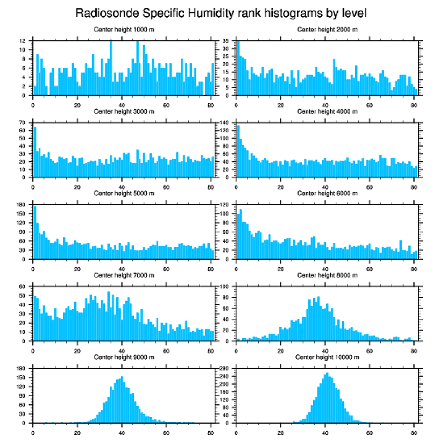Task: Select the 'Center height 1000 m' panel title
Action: (124, 30)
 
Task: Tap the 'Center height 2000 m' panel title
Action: (327, 30)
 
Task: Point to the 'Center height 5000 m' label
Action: (124, 194)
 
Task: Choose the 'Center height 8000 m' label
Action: (327, 275)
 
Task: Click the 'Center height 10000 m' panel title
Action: (327, 358)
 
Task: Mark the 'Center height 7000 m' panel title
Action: (124, 275)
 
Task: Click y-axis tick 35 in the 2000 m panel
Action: (228, 41)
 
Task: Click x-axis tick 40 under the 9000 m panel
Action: (122, 431)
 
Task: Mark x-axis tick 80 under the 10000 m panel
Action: (413, 431)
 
